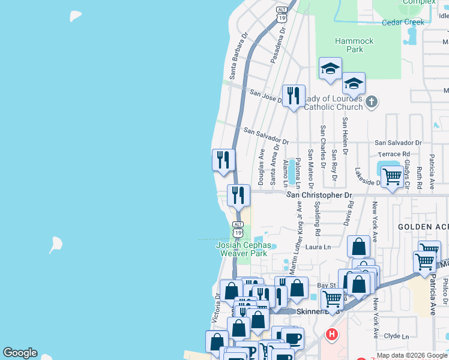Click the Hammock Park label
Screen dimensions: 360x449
pos(354,45)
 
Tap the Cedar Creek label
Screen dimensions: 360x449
pos(403,22)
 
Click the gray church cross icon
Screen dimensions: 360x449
pos(372,102)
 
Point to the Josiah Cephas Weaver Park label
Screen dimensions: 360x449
pos(242,249)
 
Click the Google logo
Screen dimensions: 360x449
pos(20,353)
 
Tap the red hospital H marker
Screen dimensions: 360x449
pos(330,335)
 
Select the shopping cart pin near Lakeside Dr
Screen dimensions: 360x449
pos(391,177)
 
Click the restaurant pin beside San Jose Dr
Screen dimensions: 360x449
pos(294,95)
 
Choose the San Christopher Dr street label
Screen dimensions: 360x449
pos(319,195)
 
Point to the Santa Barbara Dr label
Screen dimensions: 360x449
pos(237,55)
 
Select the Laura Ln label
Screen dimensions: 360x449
pos(318,247)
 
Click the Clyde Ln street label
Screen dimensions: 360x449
pos(396,336)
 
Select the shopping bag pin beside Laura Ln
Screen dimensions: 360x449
pos(358,246)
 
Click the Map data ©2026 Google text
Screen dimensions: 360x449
pos(412,355)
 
